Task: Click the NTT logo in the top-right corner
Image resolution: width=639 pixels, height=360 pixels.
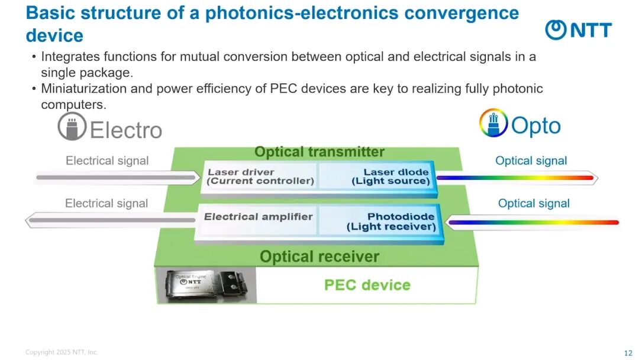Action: click(578, 30)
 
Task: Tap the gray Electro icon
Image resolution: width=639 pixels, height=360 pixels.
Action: click(72, 127)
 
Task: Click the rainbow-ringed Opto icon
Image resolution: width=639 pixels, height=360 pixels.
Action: click(493, 123)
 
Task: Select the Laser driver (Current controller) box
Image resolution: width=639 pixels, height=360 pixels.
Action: click(261, 176)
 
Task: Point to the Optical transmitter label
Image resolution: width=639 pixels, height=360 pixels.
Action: click(319, 152)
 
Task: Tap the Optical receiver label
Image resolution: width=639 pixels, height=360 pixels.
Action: click(319, 256)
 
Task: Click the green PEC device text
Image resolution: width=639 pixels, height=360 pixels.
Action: click(367, 285)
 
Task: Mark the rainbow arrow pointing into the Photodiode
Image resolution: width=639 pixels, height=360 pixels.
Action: click(532, 223)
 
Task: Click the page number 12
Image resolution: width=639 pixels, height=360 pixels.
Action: click(628, 353)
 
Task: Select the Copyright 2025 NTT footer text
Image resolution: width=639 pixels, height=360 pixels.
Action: click(62, 352)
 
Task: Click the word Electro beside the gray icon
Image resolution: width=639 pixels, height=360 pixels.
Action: click(125, 130)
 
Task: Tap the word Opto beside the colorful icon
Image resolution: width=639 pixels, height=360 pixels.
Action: click(536, 126)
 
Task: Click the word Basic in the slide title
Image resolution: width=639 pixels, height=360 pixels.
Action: click(51, 12)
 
